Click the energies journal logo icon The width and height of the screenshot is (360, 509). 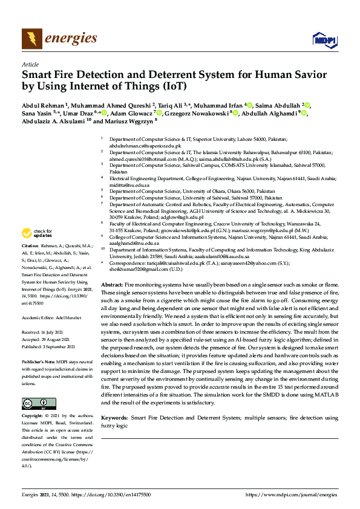coord(31,39)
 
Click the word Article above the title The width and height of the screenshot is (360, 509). coord(30,64)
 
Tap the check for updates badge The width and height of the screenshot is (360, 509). coord(36,233)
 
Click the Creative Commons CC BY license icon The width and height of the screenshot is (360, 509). coord(39,403)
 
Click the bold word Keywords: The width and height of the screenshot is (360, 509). coord(114,418)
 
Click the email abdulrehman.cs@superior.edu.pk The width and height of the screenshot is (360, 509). coord(145,146)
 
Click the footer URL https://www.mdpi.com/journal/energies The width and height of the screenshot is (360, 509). coord(291,494)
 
